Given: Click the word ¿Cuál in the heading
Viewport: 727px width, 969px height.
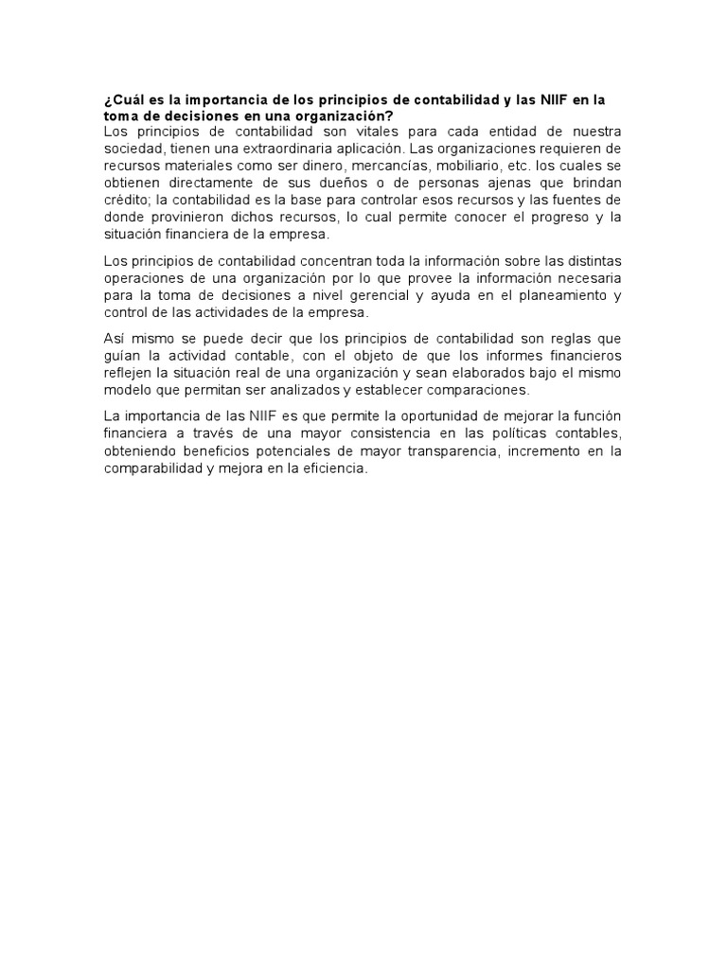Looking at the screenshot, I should (x=122, y=98).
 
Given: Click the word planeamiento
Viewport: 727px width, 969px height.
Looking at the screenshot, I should (x=560, y=294).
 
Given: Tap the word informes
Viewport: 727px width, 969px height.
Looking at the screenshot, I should (x=483, y=355).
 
